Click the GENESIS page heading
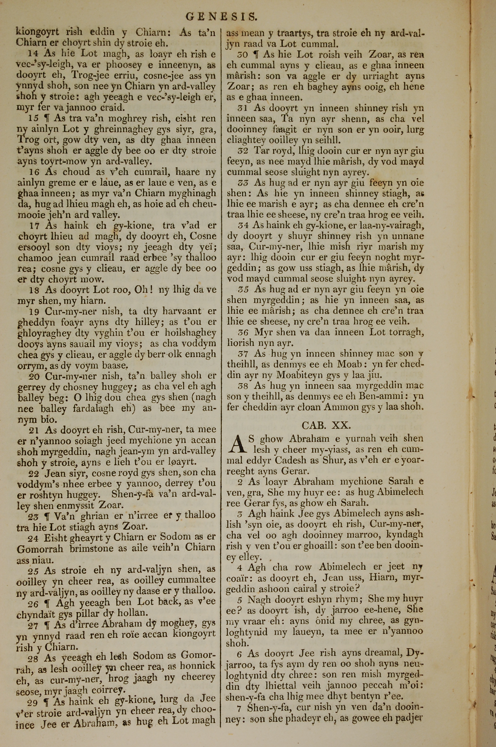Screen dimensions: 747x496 pos(221,16)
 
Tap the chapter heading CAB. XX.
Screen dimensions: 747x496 pos(326,425)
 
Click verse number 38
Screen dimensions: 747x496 pos(243,386)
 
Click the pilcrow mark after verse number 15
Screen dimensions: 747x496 pos(47,118)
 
